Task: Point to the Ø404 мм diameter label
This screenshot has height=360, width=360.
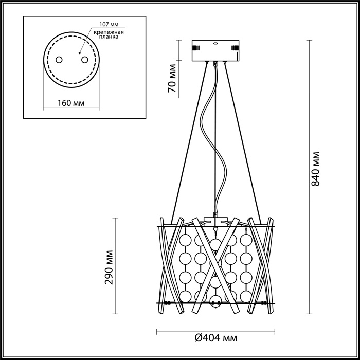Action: [x=216, y=338]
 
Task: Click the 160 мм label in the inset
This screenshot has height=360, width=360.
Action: [x=71, y=103]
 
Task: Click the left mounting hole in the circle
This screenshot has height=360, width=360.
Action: [x=59, y=60]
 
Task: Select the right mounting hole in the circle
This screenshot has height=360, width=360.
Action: [x=82, y=60]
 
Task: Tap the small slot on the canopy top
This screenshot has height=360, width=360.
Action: [x=215, y=44]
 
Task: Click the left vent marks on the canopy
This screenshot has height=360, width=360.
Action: [x=195, y=49]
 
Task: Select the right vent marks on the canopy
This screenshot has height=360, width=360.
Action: [x=235, y=49]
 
